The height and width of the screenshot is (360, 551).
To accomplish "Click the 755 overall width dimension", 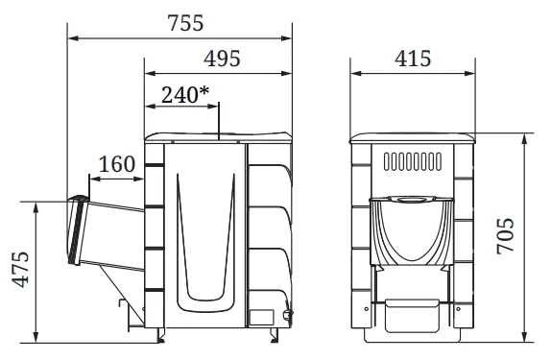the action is click(x=185, y=24).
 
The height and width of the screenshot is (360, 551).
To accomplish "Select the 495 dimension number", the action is click(x=222, y=59).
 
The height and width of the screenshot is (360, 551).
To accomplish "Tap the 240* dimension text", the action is click(x=185, y=95).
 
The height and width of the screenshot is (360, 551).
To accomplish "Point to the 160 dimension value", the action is click(x=117, y=164).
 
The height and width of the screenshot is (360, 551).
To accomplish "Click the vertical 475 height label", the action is click(x=21, y=270).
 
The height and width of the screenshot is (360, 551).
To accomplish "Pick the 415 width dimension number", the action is click(x=413, y=59).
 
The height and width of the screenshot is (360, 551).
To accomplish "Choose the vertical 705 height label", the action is click(x=505, y=236).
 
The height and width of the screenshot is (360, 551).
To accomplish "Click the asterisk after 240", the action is click(x=204, y=91).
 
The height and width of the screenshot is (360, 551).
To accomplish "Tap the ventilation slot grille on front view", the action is click(x=413, y=161).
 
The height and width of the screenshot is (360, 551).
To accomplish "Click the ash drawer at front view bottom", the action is click(x=412, y=315).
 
